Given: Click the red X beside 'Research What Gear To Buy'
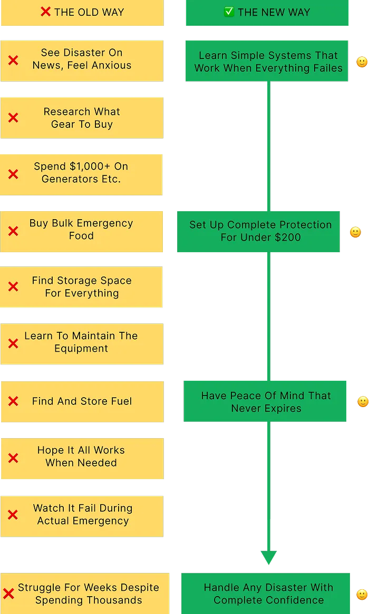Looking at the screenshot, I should (x=13, y=118).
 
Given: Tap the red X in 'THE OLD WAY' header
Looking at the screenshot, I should (x=46, y=12).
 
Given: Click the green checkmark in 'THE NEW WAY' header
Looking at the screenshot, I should (x=229, y=12).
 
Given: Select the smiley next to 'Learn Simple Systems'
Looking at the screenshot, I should (x=362, y=62).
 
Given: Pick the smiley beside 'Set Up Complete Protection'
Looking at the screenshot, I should (x=356, y=232).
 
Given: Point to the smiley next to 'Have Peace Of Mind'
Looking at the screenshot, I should (x=363, y=402).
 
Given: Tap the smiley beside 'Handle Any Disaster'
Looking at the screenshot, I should (x=362, y=595).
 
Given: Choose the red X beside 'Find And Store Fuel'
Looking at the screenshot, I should (x=13, y=401).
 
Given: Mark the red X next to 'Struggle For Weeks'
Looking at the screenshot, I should (x=8, y=594).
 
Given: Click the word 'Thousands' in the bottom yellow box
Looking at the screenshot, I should (x=118, y=600).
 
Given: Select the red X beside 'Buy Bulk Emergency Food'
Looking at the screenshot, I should (x=13, y=231).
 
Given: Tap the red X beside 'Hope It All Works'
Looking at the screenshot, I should (x=13, y=458).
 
